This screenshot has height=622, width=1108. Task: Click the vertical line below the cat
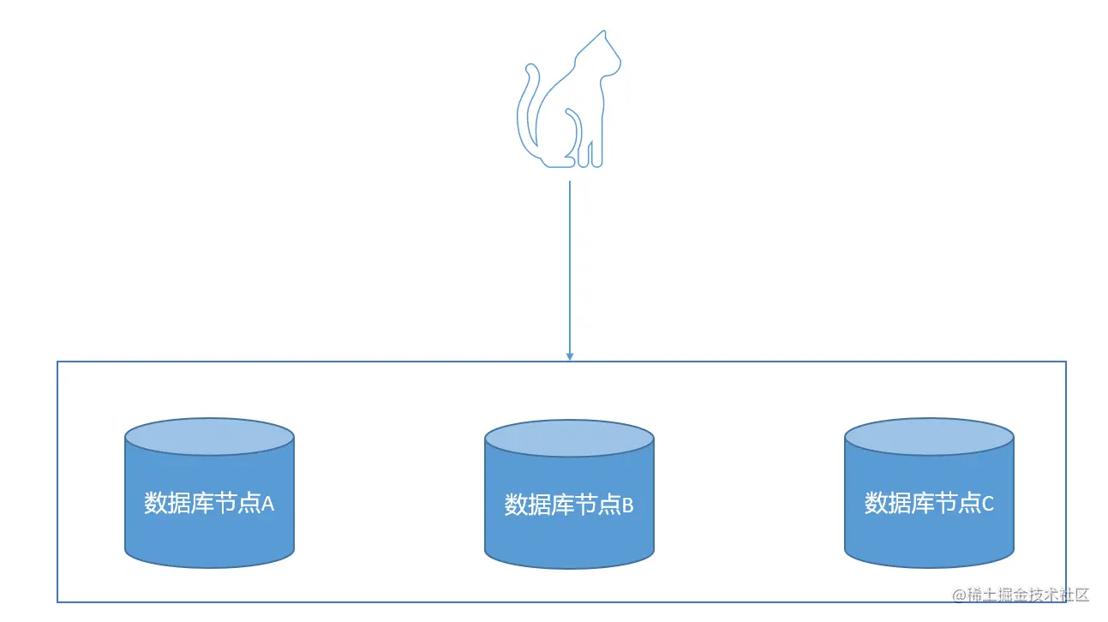pos(570,266)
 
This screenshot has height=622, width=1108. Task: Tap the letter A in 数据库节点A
pos(267,504)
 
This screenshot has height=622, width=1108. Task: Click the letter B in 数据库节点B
pos(627,505)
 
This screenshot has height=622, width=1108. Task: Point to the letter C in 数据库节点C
pos(987,504)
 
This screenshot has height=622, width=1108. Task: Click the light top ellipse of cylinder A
pos(210,436)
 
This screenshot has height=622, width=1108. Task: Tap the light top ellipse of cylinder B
pos(570,438)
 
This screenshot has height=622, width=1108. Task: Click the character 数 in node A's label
pos(155,503)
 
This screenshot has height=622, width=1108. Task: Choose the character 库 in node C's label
pos(923,503)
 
